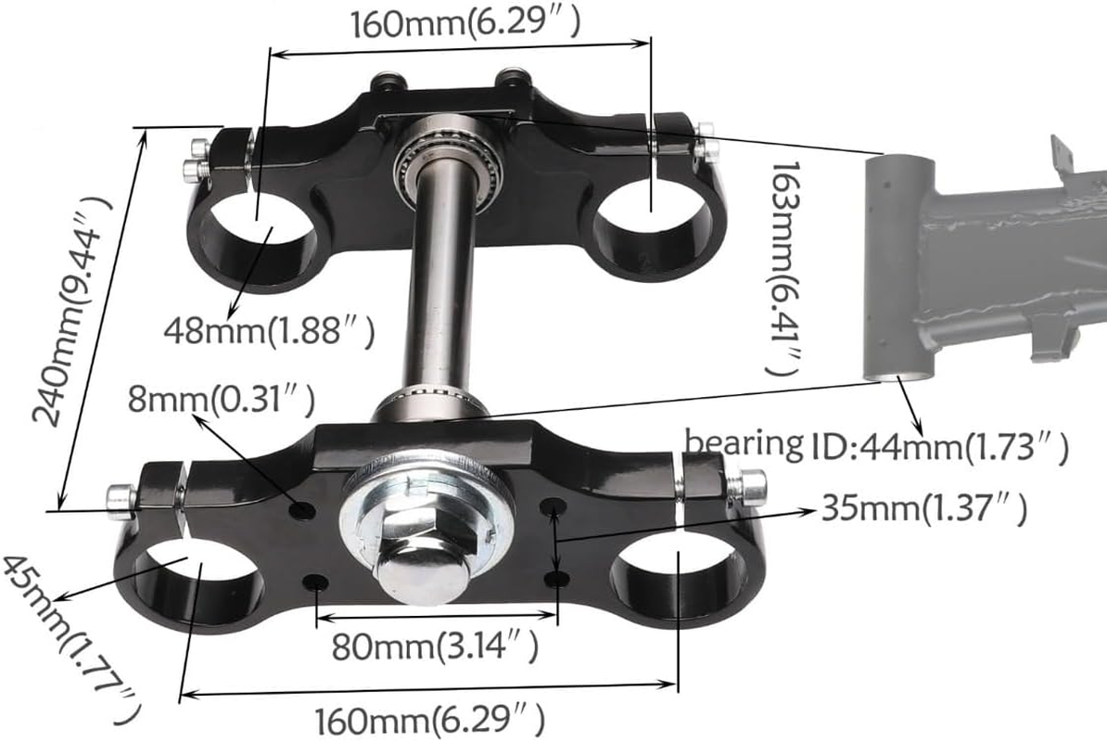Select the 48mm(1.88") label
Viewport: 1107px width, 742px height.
click(x=270, y=331)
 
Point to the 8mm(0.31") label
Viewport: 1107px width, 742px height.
click(x=221, y=400)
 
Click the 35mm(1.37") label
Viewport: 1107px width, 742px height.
click(x=923, y=508)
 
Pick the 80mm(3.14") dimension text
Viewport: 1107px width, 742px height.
click(x=435, y=646)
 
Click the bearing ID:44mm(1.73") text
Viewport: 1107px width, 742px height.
click(x=876, y=446)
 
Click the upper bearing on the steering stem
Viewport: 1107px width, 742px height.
click(x=448, y=160)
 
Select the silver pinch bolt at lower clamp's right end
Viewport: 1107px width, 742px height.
click(x=751, y=484)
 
